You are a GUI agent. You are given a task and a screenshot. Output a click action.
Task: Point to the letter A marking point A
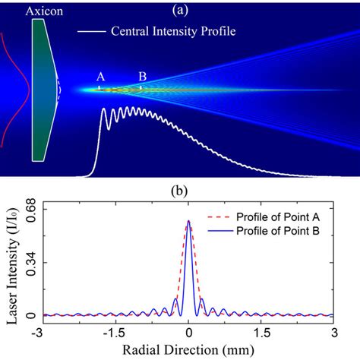(x=99, y=77)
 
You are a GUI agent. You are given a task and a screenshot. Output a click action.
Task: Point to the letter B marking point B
(x=141, y=77)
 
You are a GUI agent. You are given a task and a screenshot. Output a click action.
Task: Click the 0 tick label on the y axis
(x=30, y=315)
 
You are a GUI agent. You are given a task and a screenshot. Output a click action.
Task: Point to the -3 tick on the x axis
(x=43, y=331)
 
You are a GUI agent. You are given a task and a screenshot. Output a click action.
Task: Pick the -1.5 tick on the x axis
(x=115, y=331)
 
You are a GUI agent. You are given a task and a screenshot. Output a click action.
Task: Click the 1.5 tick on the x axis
(x=262, y=331)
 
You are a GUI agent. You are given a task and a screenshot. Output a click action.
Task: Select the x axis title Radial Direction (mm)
(x=189, y=349)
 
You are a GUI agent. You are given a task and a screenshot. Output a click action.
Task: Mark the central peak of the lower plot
(x=189, y=222)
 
